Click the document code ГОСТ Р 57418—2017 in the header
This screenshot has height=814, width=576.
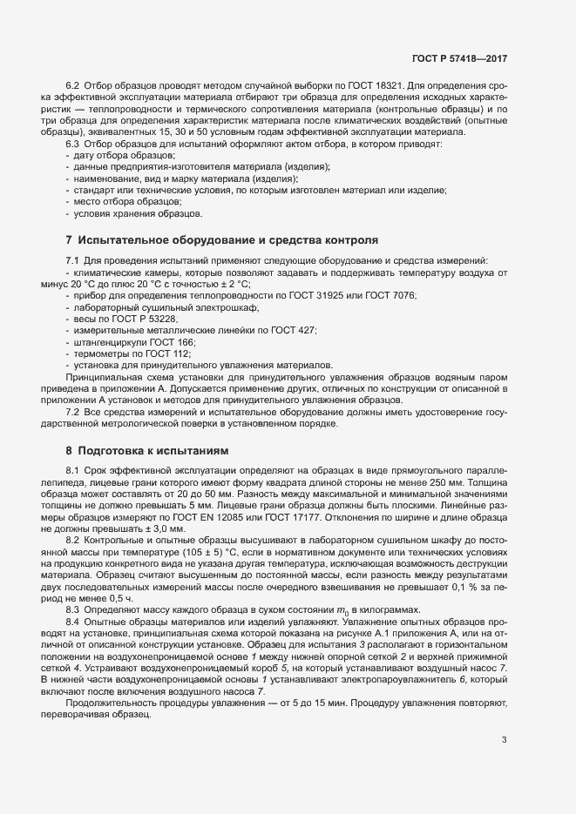pos(459,59)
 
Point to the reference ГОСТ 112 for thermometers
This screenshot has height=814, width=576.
pos(172,356)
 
